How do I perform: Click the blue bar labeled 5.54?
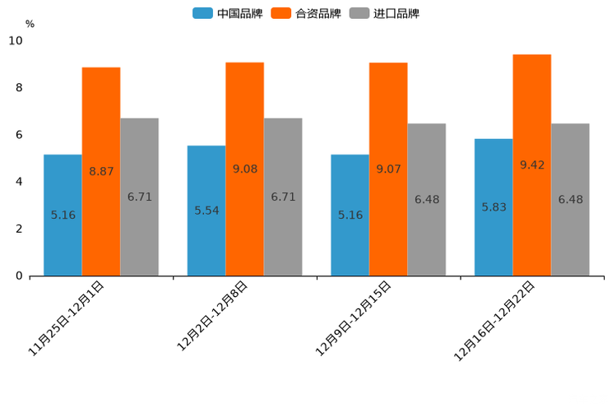click(206, 211)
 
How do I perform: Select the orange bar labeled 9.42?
click(531, 165)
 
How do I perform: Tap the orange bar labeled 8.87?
click(101, 171)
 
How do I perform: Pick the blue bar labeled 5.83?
click(494, 207)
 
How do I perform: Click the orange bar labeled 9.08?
click(244, 169)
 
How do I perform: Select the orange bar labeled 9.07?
click(388, 169)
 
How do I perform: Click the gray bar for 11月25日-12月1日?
click(139, 197)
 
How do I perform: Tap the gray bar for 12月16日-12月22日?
click(570, 199)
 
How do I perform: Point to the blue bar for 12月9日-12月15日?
click(350, 215)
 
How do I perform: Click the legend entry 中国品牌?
click(228, 13)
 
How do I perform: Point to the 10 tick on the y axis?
click(16, 41)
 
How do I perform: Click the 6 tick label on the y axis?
click(19, 135)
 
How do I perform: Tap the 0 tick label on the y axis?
click(19, 276)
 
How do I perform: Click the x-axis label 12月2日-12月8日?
click(212, 316)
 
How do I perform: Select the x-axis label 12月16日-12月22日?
click(494, 321)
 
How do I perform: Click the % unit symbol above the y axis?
click(30, 24)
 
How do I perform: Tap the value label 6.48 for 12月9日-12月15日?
click(427, 199)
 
